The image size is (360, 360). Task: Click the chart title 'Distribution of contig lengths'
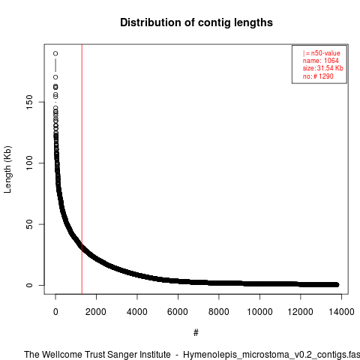196,22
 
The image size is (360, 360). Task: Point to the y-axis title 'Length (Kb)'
7,169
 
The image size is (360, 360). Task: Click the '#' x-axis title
196,333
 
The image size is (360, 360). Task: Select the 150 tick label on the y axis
29,102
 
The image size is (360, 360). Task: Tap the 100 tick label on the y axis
29,163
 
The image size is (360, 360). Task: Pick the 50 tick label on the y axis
29,224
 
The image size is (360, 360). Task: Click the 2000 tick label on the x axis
96,312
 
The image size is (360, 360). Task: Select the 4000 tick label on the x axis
137,312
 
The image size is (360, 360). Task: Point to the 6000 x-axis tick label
178,312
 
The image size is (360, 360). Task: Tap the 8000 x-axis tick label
219,312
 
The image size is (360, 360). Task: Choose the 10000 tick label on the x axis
259,312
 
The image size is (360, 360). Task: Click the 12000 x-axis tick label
301,312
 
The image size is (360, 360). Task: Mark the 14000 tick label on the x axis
341,312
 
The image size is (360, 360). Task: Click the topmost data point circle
55,53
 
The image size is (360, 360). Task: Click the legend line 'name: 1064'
321,61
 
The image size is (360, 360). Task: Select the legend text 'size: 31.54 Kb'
322,68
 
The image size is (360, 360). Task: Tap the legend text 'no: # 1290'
318,76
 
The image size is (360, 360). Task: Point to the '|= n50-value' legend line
321,53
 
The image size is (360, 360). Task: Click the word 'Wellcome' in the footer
61,355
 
